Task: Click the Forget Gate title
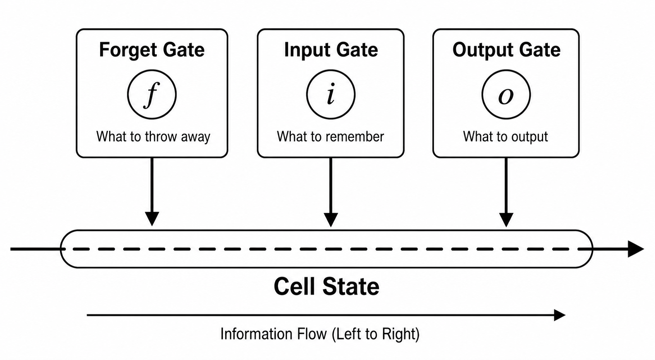tap(152, 50)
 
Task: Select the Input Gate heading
tap(331, 50)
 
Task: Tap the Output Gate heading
tap(506, 50)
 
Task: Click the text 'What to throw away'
tap(153, 137)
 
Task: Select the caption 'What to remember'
tap(331, 137)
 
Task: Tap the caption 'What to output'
tap(505, 137)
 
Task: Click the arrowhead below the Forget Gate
tap(152, 219)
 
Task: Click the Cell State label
tap(326, 286)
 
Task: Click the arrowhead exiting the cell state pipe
tap(636, 249)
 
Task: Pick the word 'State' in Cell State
tap(351, 286)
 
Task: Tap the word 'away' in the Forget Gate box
tap(195, 137)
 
